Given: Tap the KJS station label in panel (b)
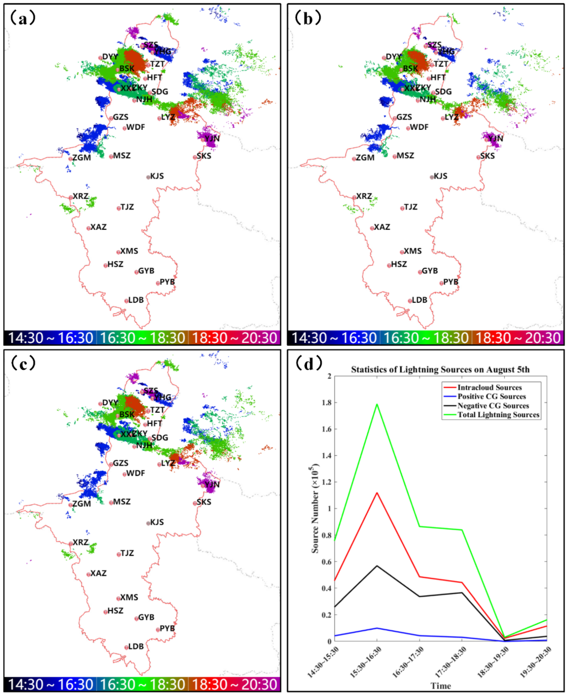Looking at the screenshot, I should click(440, 176).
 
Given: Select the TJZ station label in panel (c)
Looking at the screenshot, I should click(127, 553).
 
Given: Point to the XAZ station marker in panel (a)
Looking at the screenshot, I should click(88, 228).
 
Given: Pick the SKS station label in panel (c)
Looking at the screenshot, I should click(204, 502).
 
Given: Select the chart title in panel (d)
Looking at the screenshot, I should click(440, 370).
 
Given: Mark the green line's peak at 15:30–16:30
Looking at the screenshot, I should click(377, 404).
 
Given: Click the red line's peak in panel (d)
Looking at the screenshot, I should click(377, 493).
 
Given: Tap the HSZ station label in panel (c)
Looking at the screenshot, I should click(115, 610).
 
